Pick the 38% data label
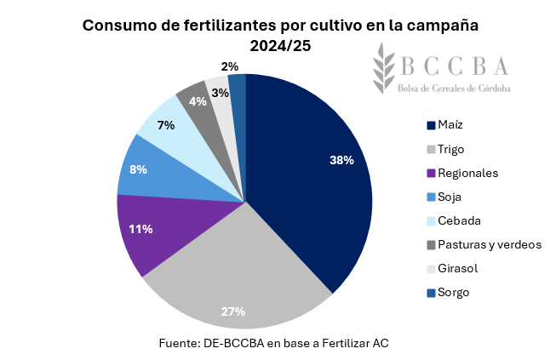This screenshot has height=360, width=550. (x=341, y=159)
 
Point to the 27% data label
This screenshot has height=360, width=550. (x=233, y=311)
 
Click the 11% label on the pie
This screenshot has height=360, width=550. (x=141, y=229)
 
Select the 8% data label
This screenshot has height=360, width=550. (x=138, y=169)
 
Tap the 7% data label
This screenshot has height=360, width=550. (x=166, y=125)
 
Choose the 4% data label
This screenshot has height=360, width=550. (x=198, y=101)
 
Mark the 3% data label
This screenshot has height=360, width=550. (x=220, y=92)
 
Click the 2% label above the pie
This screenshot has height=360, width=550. (x=229, y=66)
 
